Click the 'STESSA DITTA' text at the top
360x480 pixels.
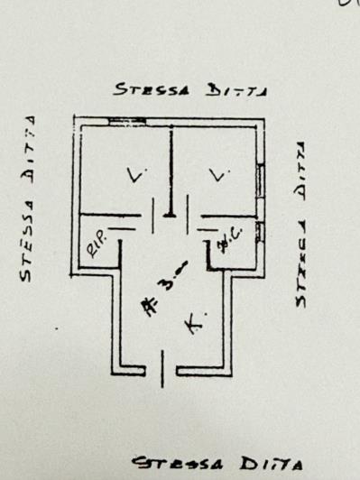click(x=192, y=88)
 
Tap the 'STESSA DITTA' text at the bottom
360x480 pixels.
click(x=215, y=462)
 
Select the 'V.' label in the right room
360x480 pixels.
click(x=215, y=176)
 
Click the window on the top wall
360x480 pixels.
click(x=126, y=121)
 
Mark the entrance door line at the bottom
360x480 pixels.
click(x=162, y=368)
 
